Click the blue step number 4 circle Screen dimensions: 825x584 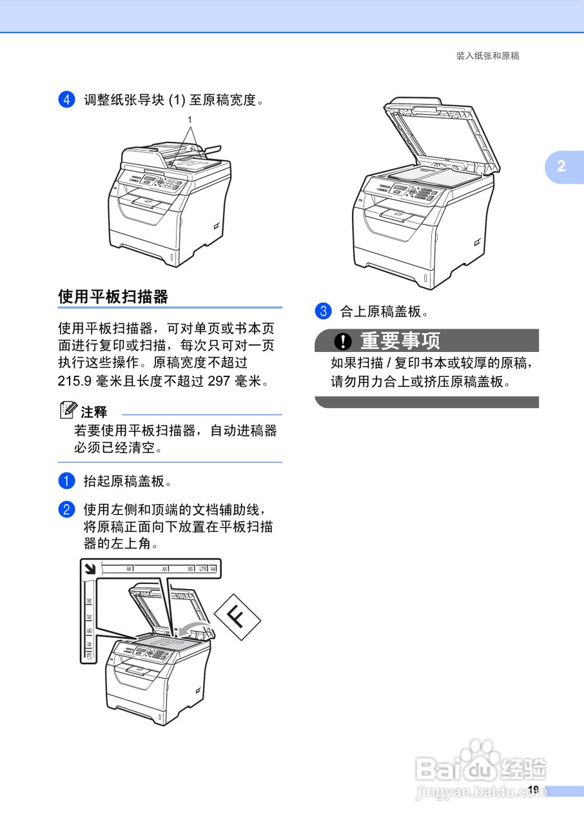click(66, 100)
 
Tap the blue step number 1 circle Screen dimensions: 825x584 click(66, 481)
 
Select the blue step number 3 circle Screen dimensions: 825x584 click(322, 311)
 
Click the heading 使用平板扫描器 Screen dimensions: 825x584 click(113, 296)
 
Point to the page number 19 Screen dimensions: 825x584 click(532, 790)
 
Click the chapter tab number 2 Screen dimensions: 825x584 click(561, 166)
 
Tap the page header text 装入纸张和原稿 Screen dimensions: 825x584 click(487, 56)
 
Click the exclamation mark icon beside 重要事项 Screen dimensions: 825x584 click(344, 340)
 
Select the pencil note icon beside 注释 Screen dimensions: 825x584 click(68, 409)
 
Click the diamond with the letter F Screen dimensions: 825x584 click(238, 617)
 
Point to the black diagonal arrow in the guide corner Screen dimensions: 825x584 click(90, 568)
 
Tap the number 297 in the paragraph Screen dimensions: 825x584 click(219, 381)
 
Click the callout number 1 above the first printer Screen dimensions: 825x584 click(190, 120)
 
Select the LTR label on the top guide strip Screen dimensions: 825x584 click(202, 569)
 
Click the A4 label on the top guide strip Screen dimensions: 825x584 click(213, 569)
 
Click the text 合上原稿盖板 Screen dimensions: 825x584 click(384, 312)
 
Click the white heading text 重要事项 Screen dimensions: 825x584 click(400, 340)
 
